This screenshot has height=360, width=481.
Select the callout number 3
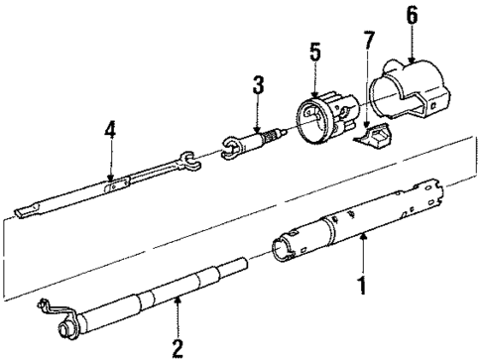[257, 88]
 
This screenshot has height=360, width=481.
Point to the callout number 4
[110, 130]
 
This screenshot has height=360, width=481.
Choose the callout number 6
[412, 15]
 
